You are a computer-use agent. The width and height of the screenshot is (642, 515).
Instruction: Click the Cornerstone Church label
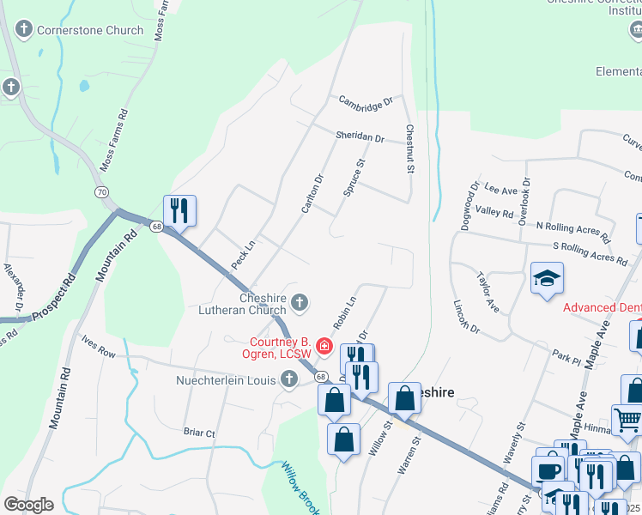[x=89, y=30]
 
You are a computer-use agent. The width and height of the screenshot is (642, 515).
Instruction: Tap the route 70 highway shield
[x=102, y=192]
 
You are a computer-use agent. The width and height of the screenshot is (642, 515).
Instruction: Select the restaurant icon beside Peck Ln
[x=179, y=210]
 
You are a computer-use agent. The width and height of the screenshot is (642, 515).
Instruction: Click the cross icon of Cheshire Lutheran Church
[x=299, y=301]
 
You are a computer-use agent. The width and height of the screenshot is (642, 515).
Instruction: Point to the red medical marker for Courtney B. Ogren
[x=324, y=346]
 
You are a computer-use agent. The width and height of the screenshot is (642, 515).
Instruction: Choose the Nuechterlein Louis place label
[x=226, y=379]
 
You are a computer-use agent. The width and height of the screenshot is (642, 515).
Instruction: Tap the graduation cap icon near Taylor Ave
[x=547, y=279]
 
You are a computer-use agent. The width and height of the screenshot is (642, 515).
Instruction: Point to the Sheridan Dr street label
[x=359, y=137]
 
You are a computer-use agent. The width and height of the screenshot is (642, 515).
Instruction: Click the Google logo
[x=28, y=505]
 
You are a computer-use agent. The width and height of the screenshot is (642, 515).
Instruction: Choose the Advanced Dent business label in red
[x=602, y=307]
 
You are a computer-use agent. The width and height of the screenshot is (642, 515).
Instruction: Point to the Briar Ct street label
[x=199, y=433]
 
